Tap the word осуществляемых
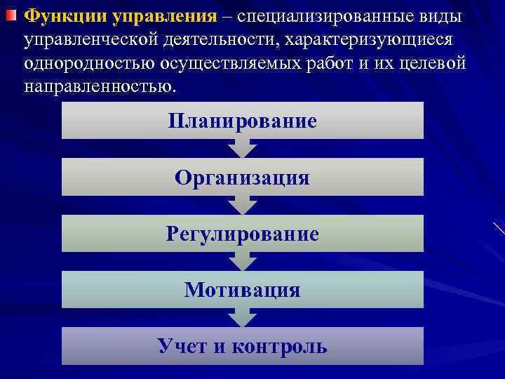pos(232,65)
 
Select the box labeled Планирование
pos(242,121)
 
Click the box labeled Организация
pos(242,177)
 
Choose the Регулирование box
pos(242,233)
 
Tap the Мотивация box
pos(242,289)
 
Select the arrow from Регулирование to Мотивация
pos(242,260)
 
